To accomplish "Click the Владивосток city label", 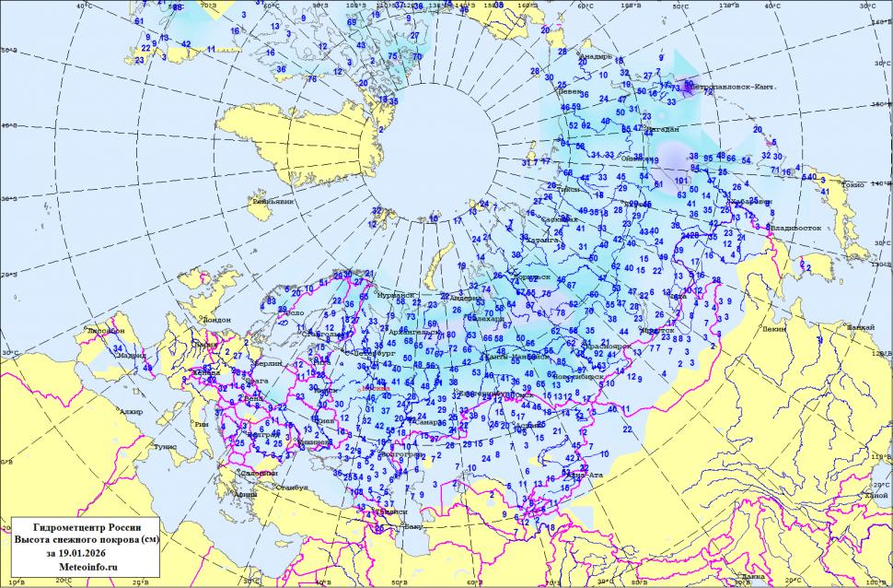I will pos(796,227).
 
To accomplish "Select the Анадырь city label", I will pos(595,57).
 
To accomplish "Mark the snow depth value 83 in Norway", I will pos(273,301).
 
